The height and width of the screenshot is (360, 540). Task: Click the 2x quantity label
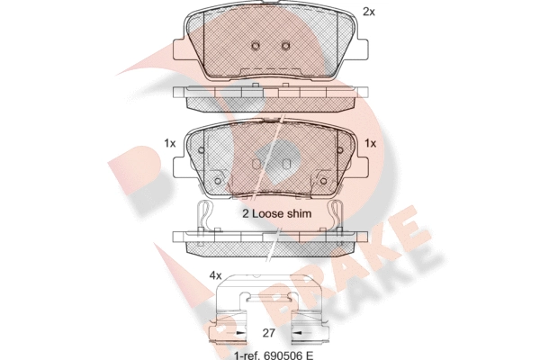[x=369, y=12]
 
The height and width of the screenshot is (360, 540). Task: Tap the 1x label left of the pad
[x=170, y=143]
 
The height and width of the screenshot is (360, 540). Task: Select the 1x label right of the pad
[x=370, y=143]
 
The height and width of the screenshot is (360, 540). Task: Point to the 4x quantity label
[x=216, y=275]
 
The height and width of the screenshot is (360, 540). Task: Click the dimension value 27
[x=268, y=333]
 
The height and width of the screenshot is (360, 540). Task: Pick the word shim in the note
[x=298, y=213]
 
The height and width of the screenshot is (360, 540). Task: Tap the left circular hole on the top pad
[x=256, y=45]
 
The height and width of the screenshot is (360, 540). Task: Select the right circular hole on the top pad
[x=285, y=45]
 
